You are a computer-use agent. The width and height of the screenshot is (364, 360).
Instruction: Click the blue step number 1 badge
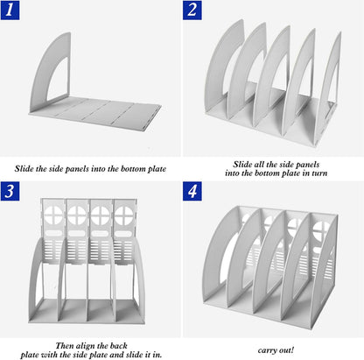point(10,11)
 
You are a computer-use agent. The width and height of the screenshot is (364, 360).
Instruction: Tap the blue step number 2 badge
point(192,11)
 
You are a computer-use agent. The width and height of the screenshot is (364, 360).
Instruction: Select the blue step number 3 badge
point(10,191)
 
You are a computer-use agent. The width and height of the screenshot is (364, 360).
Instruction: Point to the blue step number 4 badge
point(192,191)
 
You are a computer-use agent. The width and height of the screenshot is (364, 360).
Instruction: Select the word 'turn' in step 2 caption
point(319,173)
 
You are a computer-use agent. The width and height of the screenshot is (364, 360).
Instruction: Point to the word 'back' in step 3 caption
point(119,346)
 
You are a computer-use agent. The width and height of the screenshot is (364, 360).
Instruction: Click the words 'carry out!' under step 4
point(276,350)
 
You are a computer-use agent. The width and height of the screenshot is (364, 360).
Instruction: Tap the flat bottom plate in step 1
point(96,113)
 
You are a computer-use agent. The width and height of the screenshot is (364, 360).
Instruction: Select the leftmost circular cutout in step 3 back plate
point(53,215)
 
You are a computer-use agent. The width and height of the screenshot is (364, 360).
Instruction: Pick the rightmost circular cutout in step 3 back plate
point(123,215)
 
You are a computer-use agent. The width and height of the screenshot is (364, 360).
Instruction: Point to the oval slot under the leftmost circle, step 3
point(53,233)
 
